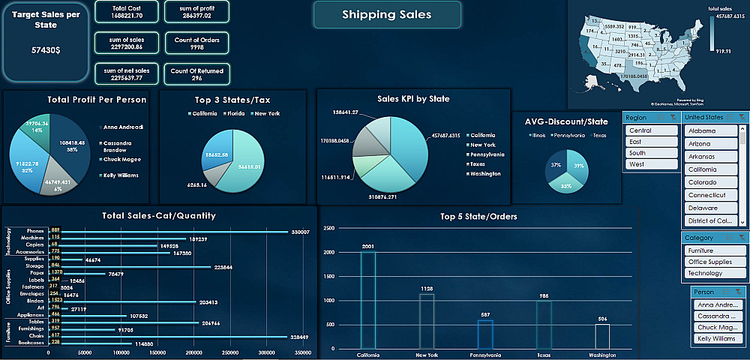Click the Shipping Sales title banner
click(x=386, y=15)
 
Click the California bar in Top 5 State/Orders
click(x=368, y=300)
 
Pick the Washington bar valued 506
click(x=602, y=336)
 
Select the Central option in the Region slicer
click(x=651, y=130)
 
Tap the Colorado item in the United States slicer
click(x=712, y=182)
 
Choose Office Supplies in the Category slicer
click(x=715, y=262)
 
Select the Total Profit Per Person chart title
click(x=97, y=99)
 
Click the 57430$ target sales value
click(x=46, y=49)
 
